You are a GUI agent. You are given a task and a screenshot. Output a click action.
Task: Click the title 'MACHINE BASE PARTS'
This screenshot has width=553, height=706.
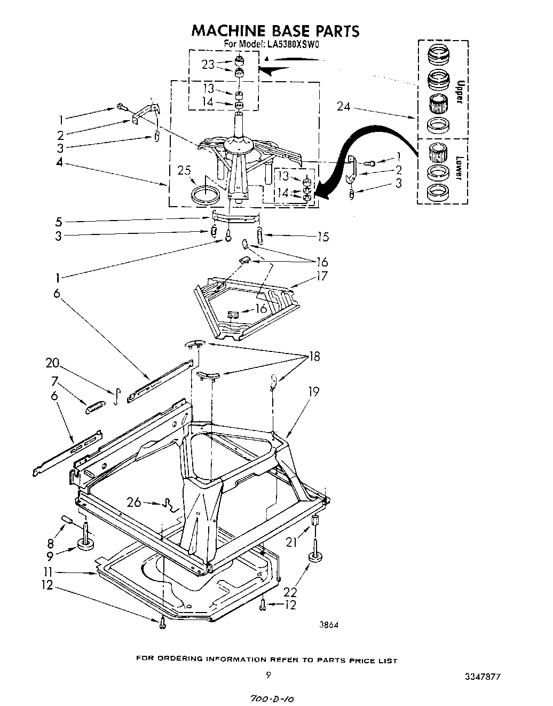(x=275, y=30)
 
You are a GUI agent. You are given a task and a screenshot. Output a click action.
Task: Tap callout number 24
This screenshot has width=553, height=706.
(x=344, y=106)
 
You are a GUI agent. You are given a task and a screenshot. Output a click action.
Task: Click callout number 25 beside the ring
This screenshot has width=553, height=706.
(x=184, y=170)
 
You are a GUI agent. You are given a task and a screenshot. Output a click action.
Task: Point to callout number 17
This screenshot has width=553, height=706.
(x=321, y=276)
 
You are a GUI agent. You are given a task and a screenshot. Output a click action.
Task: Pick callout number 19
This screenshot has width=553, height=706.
(x=313, y=391)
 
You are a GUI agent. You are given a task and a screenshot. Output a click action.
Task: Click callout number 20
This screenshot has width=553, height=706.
(x=53, y=363)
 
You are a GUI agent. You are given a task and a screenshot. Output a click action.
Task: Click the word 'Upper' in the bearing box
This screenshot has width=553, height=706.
(x=459, y=91)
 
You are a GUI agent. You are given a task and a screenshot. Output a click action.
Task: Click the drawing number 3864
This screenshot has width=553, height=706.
(x=329, y=625)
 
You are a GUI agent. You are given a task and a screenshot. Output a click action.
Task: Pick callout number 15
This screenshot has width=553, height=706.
(x=322, y=236)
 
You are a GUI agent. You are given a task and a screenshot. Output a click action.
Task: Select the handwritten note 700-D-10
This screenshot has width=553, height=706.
(x=272, y=698)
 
